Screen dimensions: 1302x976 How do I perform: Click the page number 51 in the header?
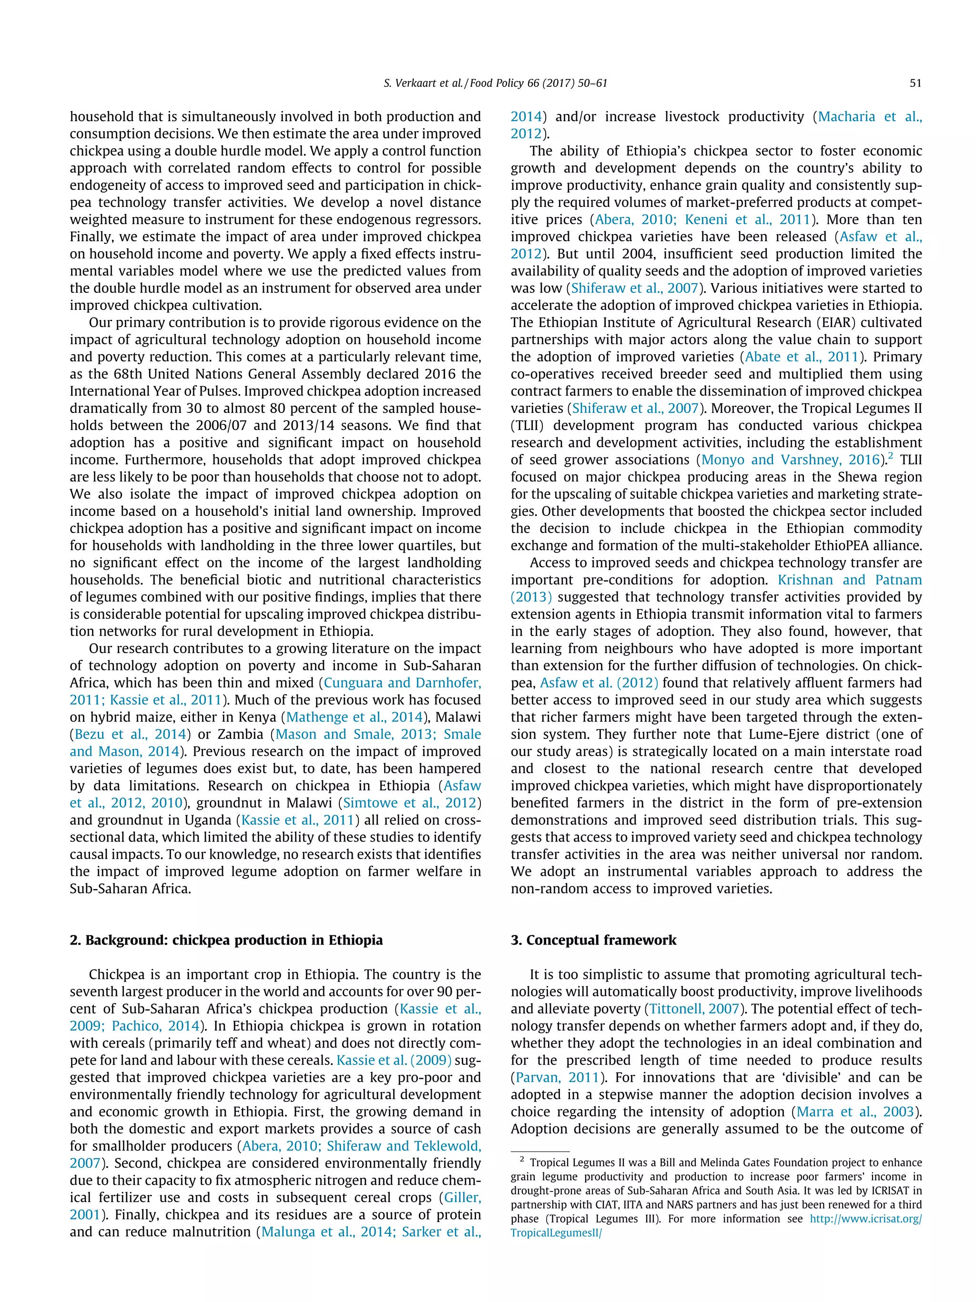915,83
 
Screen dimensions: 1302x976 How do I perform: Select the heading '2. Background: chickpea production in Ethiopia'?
226,940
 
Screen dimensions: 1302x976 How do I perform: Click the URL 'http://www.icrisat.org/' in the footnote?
865,1219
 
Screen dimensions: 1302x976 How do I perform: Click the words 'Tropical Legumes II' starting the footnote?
577,1162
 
